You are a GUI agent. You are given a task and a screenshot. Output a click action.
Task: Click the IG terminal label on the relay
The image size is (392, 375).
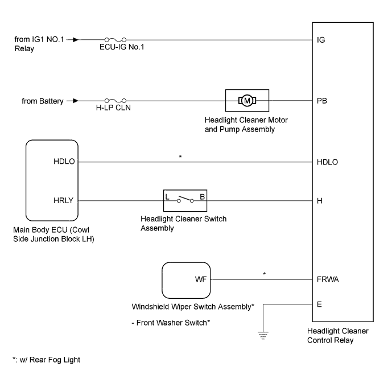320,40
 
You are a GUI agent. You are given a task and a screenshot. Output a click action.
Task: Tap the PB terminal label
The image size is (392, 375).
321,102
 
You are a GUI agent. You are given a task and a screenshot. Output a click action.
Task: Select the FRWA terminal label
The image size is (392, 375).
327,280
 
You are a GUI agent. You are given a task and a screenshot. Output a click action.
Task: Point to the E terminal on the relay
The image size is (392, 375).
319,304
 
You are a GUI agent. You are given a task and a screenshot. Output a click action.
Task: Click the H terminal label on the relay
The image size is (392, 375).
319,200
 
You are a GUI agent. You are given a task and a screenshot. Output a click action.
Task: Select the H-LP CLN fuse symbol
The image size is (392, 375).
113,101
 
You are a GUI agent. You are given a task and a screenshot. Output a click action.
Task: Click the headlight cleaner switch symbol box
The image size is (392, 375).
185,200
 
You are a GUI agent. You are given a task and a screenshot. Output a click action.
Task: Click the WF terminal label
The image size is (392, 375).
199,280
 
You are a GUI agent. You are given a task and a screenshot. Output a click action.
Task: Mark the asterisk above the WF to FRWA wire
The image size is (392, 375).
264,274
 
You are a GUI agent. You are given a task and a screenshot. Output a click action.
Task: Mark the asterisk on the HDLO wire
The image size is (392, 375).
180,156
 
